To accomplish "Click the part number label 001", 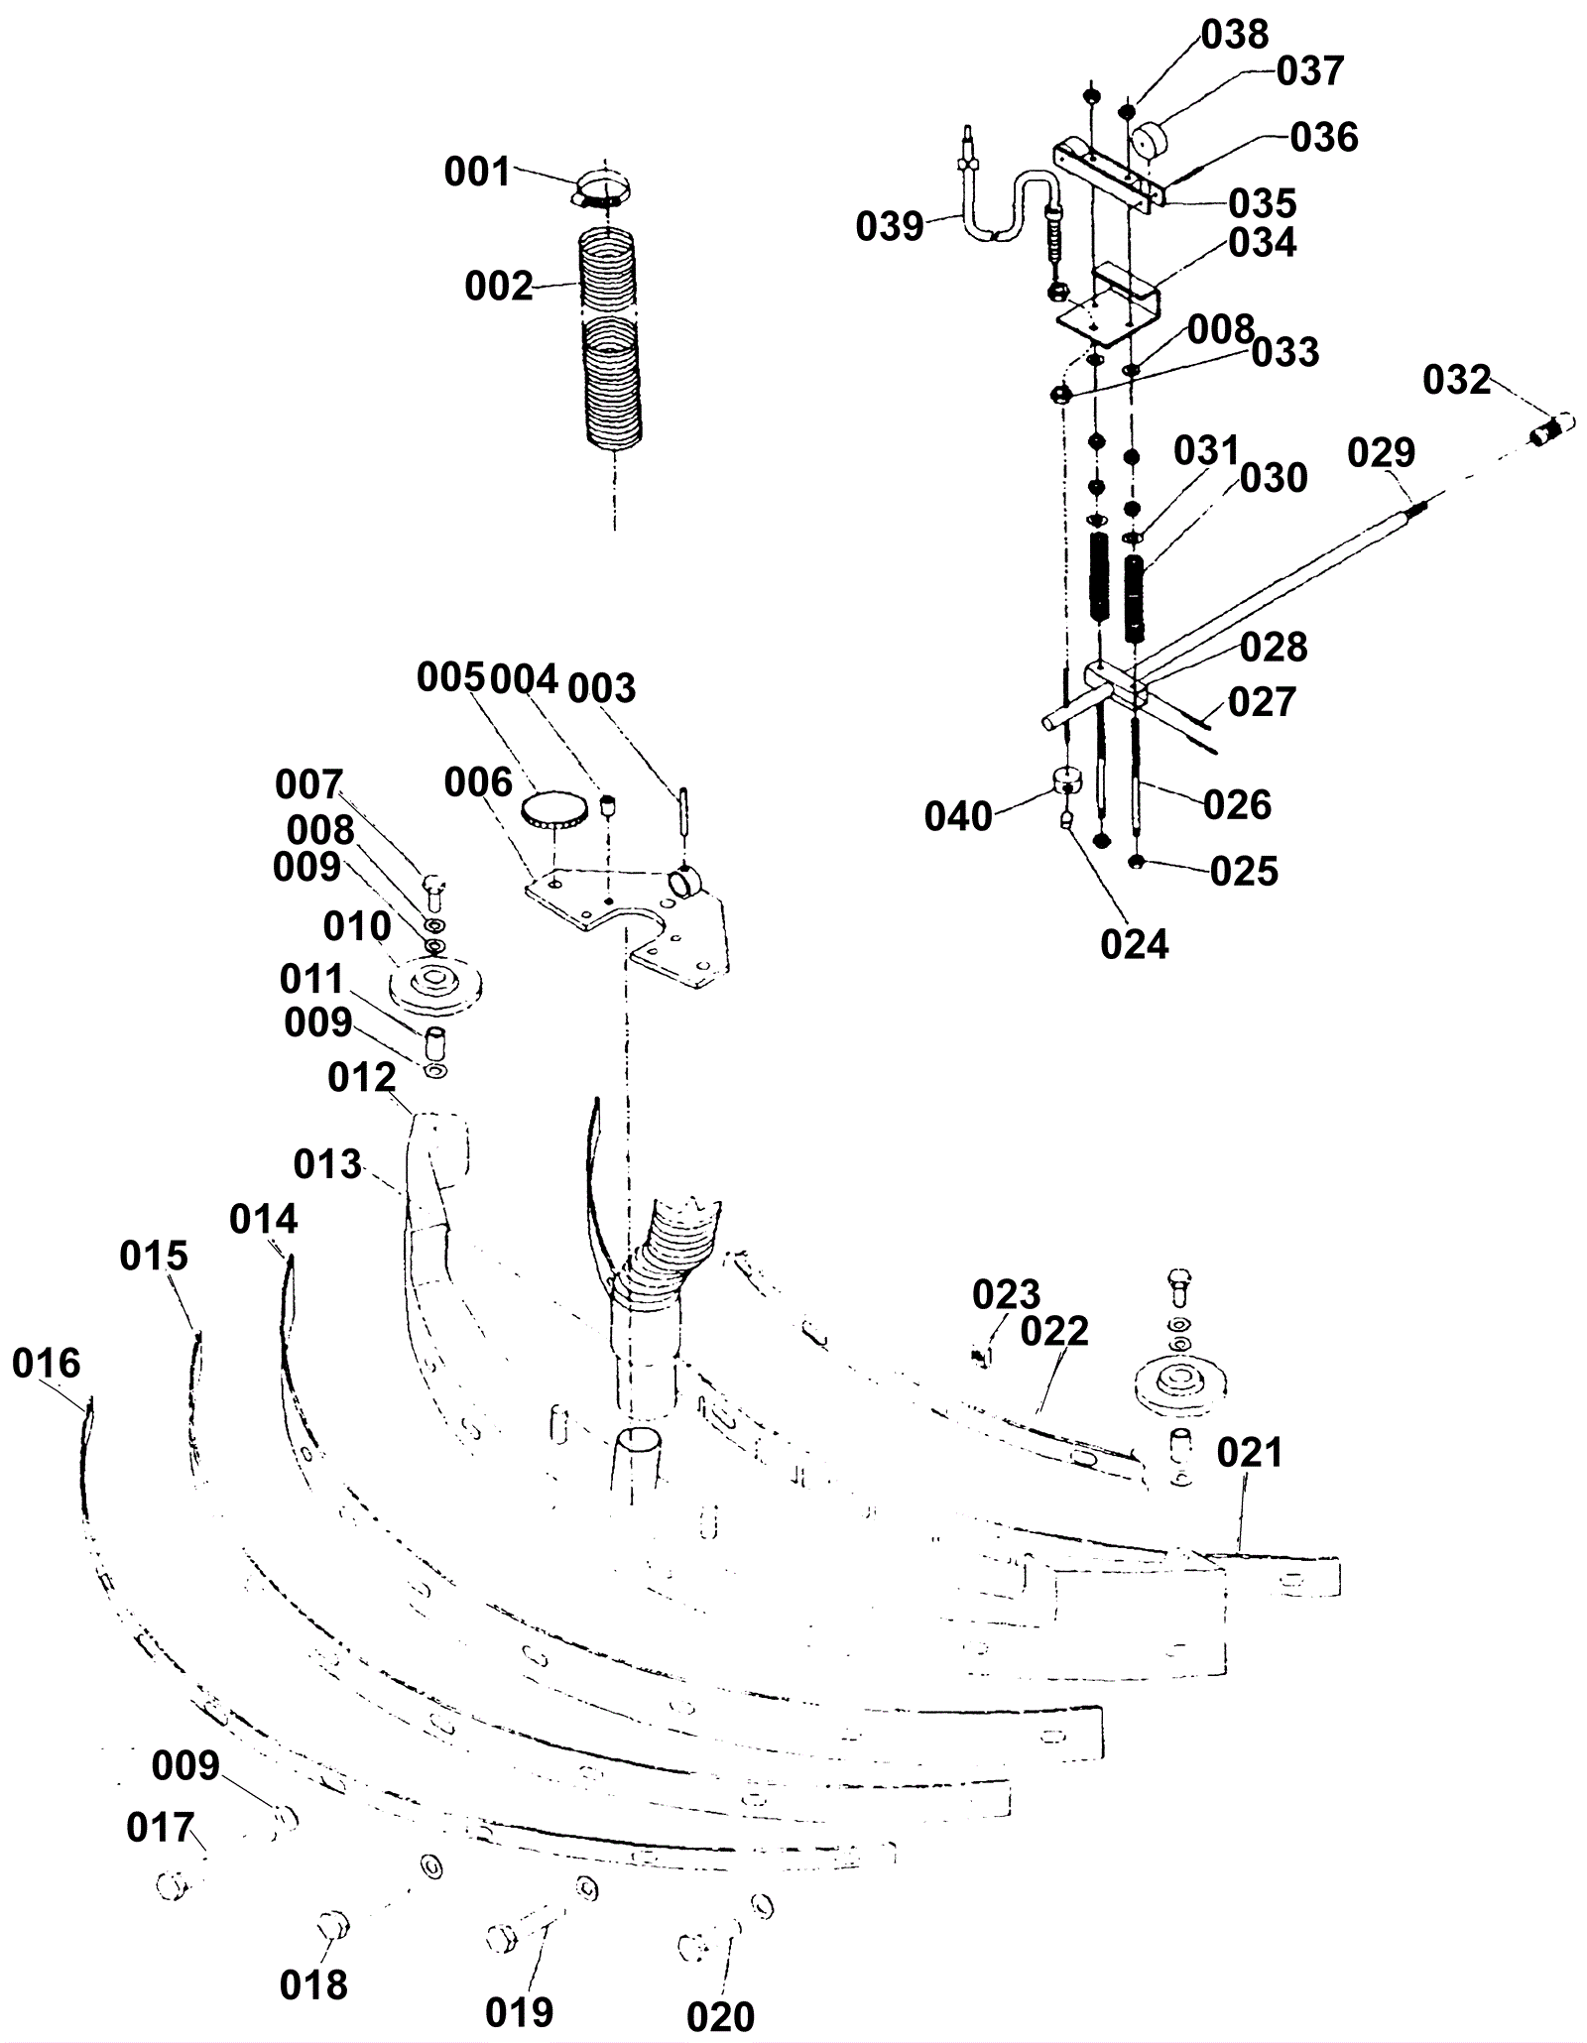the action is click(x=477, y=173).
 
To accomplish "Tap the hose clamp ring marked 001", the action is click(x=601, y=189).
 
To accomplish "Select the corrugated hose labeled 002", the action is click(x=610, y=338).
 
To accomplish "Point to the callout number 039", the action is click(x=890, y=227).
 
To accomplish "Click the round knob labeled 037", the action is click(x=1154, y=139).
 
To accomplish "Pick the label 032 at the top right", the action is click(x=1457, y=380).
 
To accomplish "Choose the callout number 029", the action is click(x=1381, y=453).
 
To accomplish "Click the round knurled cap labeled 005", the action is click(x=552, y=811).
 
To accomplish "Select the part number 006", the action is click(x=478, y=782).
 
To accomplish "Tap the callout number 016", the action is click(x=47, y=1364).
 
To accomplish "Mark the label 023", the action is click(x=1006, y=1294).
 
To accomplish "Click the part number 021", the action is click(x=1250, y=1453).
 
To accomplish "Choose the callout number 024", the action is click(x=1135, y=945).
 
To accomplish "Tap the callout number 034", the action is click(x=1263, y=243).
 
